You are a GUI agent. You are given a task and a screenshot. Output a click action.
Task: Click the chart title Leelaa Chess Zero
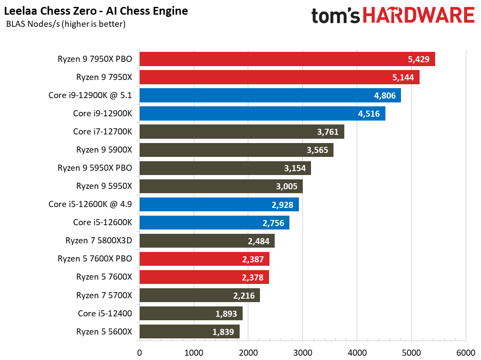96,11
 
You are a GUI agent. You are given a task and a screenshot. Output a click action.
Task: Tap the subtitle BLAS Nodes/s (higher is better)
66,24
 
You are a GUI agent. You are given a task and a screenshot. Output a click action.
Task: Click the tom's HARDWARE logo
393,16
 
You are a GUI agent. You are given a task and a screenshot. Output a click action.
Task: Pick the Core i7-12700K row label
102,132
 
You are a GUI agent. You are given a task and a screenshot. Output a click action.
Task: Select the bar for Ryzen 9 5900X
236,150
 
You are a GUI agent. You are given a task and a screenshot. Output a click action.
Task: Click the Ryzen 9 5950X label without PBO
104,186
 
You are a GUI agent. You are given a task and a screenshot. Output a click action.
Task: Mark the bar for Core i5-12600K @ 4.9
219,204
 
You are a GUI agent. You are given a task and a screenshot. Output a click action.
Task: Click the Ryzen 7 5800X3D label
99,241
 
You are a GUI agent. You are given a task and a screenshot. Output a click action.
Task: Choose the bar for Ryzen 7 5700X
199,295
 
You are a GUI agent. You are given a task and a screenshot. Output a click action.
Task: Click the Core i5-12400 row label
105,313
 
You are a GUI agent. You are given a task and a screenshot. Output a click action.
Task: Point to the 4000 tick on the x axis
357,353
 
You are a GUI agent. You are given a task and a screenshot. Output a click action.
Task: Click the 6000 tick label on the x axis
465,353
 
